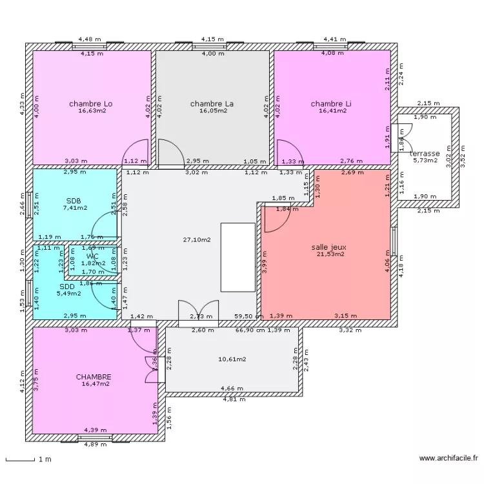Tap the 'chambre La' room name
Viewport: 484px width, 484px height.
pos(212,103)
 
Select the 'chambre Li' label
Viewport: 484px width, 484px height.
pos(331,103)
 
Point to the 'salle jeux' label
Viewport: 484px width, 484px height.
pos(330,247)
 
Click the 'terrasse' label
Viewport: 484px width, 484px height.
pos(425,154)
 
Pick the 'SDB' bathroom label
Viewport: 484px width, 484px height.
pos(74,200)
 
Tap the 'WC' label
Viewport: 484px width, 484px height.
pos(92,256)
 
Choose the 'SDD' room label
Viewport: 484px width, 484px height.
pos(67,287)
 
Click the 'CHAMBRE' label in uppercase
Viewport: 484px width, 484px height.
pos(94,377)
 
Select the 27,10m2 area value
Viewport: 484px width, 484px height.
pos(197,239)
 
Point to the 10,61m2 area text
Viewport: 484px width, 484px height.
pos(232,359)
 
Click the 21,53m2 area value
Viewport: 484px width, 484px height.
pos(330,254)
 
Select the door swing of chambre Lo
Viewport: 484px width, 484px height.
pos(137,154)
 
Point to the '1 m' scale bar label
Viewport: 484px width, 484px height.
pos(43,459)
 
